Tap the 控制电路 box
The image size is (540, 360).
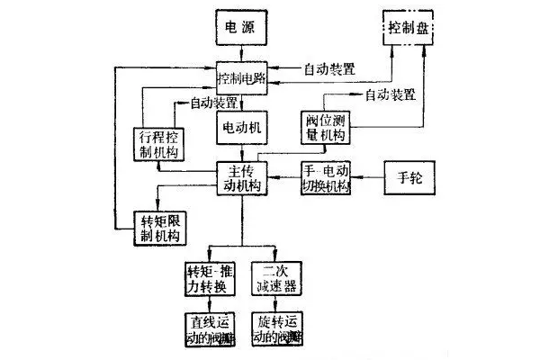click(x=243, y=78)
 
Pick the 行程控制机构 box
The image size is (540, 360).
click(x=159, y=142)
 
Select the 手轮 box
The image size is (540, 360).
click(x=409, y=176)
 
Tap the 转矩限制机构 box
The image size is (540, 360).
click(x=159, y=228)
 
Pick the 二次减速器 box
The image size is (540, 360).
click(x=277, y=280)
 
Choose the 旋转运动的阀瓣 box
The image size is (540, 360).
click(x=277, y=330)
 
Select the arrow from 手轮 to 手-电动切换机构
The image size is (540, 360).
click(x=369, y=177)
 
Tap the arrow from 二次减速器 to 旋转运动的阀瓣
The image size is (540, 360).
click(x=277, y=306)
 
